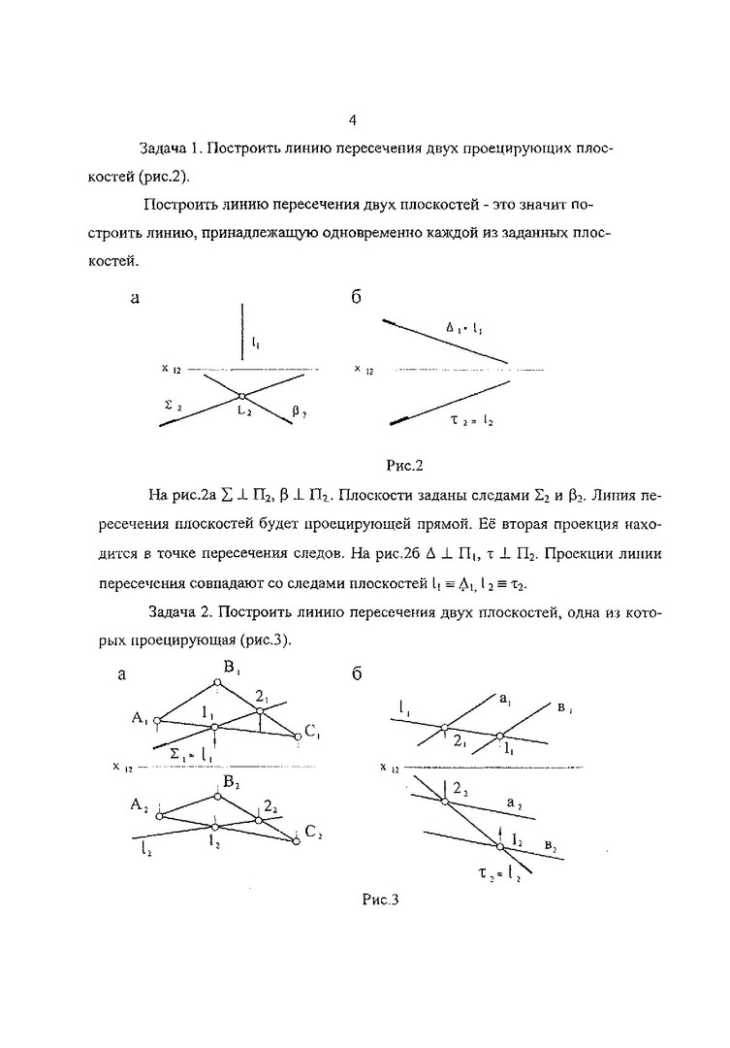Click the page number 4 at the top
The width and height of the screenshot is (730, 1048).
tap(353, 120)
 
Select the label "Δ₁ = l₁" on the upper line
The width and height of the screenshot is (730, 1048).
tap(464, 328)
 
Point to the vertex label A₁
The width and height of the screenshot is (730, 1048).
tap(138, 718)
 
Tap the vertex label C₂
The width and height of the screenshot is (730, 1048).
tap(312, 831)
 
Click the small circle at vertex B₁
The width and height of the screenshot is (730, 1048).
tap(217, 682)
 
